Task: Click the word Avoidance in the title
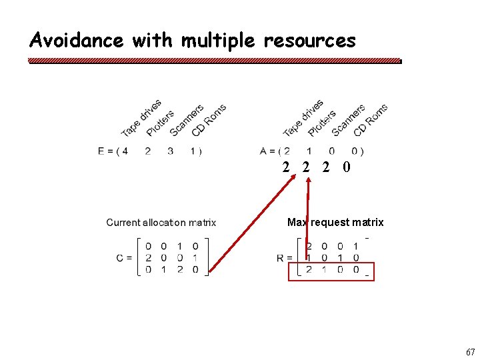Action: pyautogui.click(x=77, y=41)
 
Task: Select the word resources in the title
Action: pyautogui.click(x=309, y=41)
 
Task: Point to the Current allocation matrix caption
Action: pyautogui.click(x=161, y=223)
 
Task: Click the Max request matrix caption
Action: pyautogui.click(x=335, y=222)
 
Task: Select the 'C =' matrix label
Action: pyautogui.click(x=124, y=258)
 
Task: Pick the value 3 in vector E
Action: pyautogui.click(x=171, y=151)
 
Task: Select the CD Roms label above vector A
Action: pyautogui.click(x=371, y=119)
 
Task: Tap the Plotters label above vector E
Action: pyautogui.click(x=160, y=123)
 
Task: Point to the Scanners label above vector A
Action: pyautogui.click(x=348, y=120)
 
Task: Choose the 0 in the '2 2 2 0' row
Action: pyautogui.click(x=345, y=167)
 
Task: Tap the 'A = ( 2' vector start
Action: pyautogui.click(x=275, y=151)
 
